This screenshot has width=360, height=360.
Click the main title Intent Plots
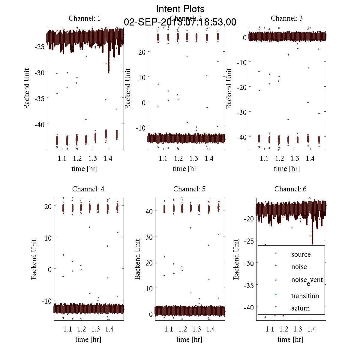[x=180, y=9]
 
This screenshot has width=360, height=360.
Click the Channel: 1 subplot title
[x=85, y=18]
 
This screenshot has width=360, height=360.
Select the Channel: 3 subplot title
[x=286, y=18]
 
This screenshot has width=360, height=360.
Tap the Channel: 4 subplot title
[x=88, y=189]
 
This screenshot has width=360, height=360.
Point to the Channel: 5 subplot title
[x=189, y=189]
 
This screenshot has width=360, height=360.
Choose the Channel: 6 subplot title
[x=290, y=189]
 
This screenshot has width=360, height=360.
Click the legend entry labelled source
[x=301, y=254]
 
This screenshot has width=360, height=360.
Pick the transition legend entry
[x=305, y=296]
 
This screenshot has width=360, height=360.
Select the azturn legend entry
[x=300, y=308]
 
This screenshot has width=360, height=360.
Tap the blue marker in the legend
[x=276, y=280]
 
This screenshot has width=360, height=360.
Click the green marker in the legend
[x=276, y=294]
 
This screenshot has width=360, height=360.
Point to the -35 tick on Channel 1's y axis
[x=40, y=98]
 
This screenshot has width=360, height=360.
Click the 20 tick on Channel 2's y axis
[x=142, y=52]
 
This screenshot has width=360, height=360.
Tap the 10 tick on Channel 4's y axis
[x=48, y=238]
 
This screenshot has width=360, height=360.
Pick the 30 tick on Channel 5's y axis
[x=149, y=237]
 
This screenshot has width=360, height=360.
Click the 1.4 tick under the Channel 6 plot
[x=312, y=329]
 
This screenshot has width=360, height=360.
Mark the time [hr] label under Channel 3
[x=286, y=169]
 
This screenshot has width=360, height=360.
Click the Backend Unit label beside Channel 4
[x=34, y=259]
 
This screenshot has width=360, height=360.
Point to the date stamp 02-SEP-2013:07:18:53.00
[x=180, y=22]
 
